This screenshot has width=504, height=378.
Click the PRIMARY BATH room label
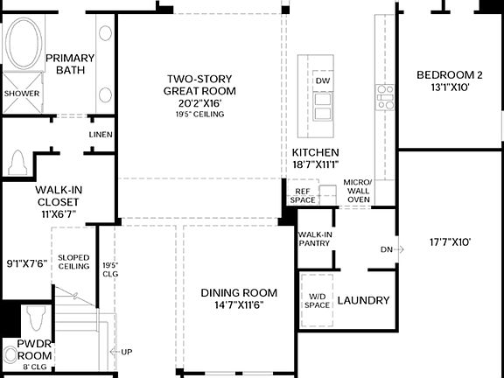69,64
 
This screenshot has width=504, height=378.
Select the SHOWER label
21,93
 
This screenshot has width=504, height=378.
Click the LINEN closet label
101,134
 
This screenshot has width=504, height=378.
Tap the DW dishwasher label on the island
322,80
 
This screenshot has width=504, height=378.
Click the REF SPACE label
304,195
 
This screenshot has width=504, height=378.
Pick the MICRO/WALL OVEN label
359,191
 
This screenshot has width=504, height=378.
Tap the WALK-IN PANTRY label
314,239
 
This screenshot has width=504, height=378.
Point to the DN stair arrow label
386,249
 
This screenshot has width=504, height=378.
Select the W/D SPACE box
318,300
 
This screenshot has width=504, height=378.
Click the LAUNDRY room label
363,300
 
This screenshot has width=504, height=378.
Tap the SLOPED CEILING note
73,262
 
